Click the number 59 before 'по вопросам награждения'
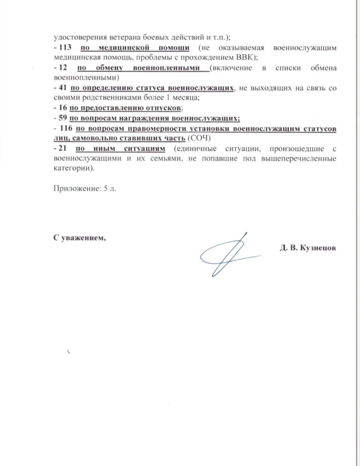[x=62, y=118]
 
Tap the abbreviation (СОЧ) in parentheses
[x=199, y=139]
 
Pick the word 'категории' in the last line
[x=71, y=169]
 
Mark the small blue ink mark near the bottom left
[x=68, y=351]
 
